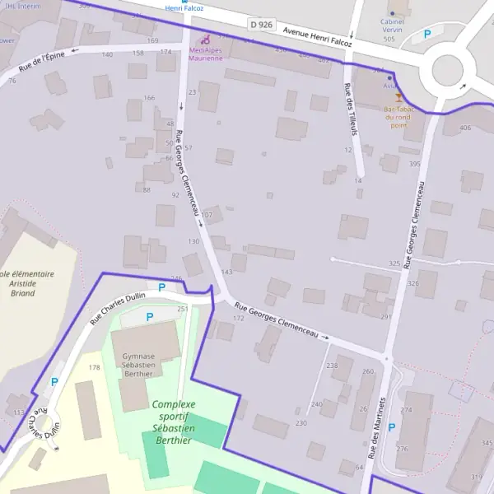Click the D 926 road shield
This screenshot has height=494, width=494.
(260, 26)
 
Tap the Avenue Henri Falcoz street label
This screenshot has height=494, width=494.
(317, 37)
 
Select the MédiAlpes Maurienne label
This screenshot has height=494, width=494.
(205, 54)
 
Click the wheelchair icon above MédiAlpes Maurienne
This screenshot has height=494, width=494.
(206, 38)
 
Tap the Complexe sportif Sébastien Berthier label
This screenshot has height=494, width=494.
(173, 422)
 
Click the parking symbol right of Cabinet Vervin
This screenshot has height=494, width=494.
(426, 35)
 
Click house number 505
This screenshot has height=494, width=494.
(389, 38)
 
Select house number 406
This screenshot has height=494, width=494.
(465, 128)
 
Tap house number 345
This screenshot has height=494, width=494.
(487, 444)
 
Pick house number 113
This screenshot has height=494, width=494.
(18, 412)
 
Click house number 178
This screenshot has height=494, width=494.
(94, 367)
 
